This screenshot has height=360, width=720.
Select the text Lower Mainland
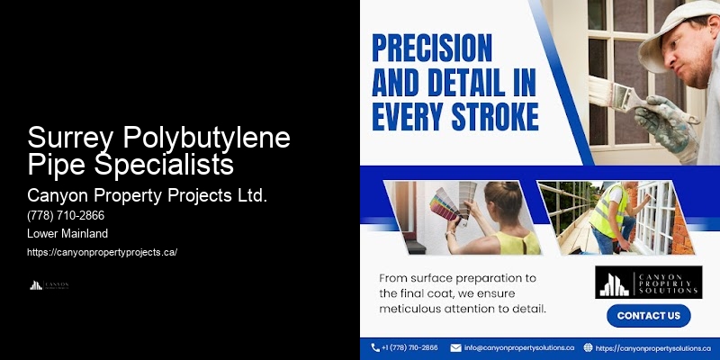coord(69,234)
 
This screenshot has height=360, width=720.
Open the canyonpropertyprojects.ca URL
coord(103,252)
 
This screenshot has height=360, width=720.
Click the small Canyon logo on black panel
coord(49,285)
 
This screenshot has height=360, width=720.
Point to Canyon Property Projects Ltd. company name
coord(147,195)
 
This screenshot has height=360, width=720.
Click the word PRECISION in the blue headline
coord(432,49)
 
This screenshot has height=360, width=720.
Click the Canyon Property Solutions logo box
coord(648,282)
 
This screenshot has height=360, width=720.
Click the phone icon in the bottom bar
coord(375,347)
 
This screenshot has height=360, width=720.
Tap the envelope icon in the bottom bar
coord(455,347)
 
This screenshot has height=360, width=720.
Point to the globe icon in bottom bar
coord(588,347)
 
